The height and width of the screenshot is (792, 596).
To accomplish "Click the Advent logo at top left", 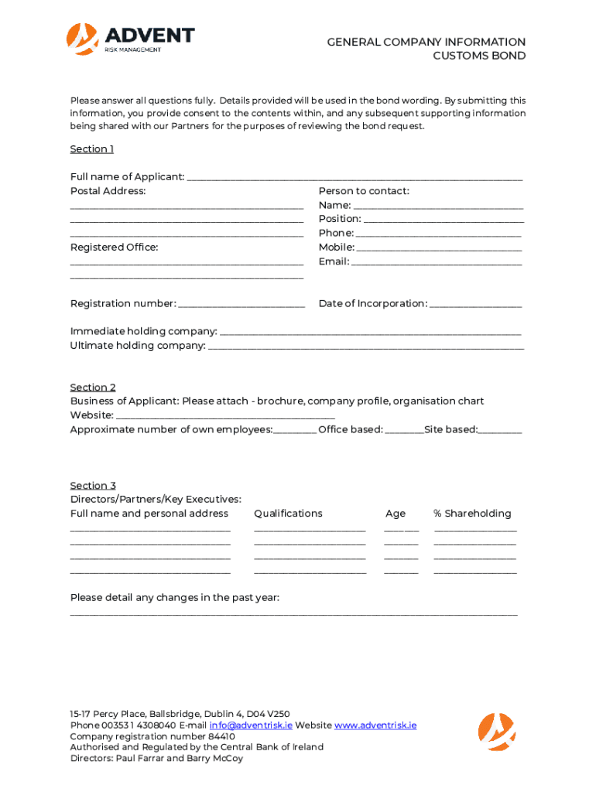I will pyautogui.click(x=130, y=39).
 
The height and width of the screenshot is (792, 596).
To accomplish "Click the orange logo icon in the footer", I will pyautogui.click(x=496, y=732).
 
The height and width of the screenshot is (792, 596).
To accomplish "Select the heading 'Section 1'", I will pyautogui.click(x=92, y=148).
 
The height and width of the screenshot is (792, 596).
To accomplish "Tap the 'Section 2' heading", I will pyautogui.click(x=93, y=387).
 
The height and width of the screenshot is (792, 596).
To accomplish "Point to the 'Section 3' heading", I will pyautogui.click(x=93, y=485).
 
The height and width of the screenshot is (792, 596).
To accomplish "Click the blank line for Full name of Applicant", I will pyautogui.click(x=355, y=179).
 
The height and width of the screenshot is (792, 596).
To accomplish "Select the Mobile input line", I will pyautogui.click(x=439, y=250).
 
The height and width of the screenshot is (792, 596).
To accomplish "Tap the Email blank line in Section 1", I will pyautogui.click(x=437, y=264).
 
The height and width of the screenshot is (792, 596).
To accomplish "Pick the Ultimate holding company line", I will pyautogui.click(x=366, y=348).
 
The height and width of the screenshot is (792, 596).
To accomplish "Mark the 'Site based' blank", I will pyautogui.click(x=500, y=432).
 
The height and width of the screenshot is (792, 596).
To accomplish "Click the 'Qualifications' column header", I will pyautogui.click(x=288, y=514).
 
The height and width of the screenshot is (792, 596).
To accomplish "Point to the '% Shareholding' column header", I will pyautogui.click(x=472, y=514).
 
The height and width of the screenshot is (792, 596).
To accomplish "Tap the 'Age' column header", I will pyautogui.click(x=396, y=514).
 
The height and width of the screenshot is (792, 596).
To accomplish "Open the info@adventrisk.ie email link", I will pyautogui.click(x=250, y=725).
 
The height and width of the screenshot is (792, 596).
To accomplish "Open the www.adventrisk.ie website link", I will pyautogui.click(x=375, y=725).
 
